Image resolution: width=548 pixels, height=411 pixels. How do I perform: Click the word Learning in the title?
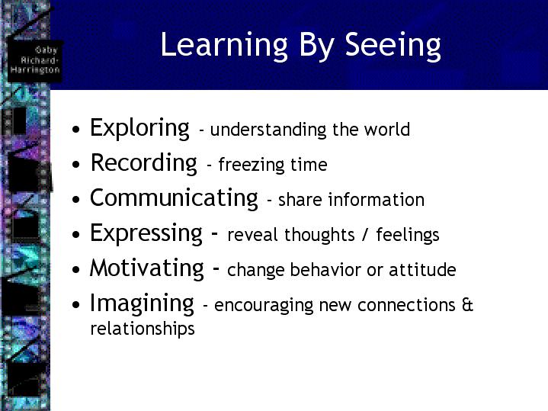tap(224, 46)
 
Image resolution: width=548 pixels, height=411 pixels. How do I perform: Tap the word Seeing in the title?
tap(393, 46)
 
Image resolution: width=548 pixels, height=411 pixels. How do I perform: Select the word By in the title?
tap(316, 46)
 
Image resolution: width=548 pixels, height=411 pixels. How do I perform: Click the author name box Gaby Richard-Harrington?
tap(35, 60)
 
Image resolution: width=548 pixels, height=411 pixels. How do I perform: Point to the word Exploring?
tap(139, 128)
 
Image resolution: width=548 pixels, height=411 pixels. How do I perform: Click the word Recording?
tap(143, 163)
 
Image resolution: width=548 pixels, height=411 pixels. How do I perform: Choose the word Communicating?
tap(174, 198)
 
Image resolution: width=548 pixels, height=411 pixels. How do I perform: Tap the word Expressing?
tap(146, 233)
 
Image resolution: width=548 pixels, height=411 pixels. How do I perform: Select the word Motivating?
tap(147, 268)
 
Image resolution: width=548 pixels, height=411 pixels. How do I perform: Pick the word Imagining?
tap(142, 303)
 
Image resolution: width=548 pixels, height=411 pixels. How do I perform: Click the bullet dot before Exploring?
tap(76, 130)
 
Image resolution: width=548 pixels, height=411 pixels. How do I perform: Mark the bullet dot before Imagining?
tap(76, 305)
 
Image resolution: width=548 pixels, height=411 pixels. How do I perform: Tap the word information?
tap(377, 199)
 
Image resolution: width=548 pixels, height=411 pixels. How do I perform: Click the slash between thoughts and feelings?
tap(365, 235)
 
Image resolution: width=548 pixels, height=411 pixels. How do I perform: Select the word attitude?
tap(422, 270)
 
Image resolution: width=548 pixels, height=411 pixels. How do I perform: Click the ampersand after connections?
tap(467, 305)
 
